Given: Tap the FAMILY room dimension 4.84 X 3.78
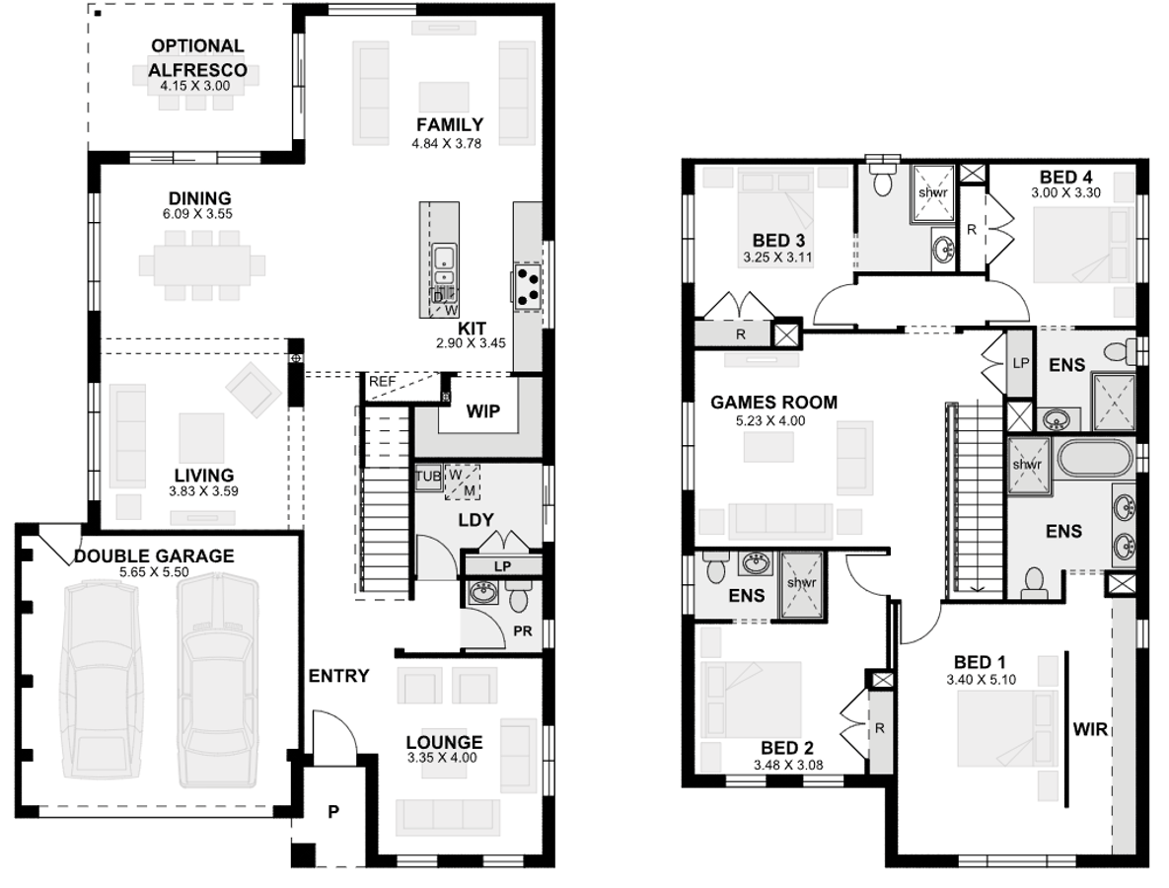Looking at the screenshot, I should click(x=448, y=143).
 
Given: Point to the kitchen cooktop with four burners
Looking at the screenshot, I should click(x=528, y=285).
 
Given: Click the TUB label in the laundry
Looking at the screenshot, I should click(x=426, y=475).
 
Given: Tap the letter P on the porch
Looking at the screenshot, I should click(x=333, y=813).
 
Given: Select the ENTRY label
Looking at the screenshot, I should click(x=338, y=676).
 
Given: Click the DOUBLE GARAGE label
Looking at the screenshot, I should click(x=154, y=556).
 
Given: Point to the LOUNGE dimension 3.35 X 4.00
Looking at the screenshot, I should click(x=443, y=759).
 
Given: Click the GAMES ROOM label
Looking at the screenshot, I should click(x=773, y=402).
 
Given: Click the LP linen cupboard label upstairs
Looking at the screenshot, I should click(x=1020, y=362).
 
